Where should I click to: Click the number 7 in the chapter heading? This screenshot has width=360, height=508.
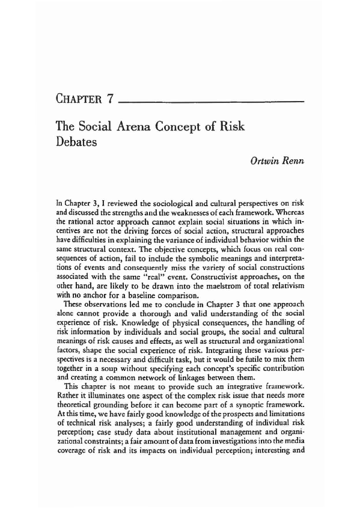(109, 100)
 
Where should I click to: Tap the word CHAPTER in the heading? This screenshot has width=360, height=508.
(77, 100)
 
